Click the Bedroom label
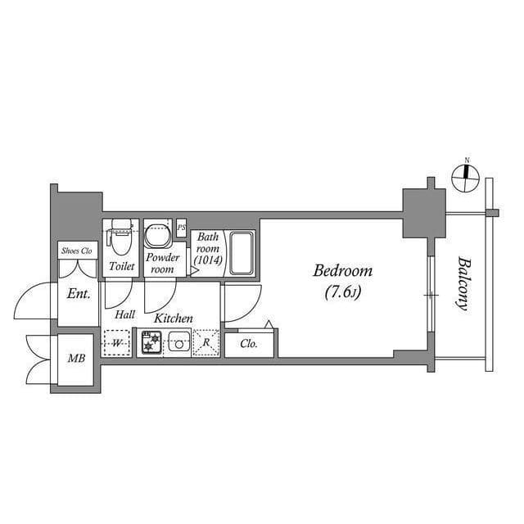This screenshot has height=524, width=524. (343, 271)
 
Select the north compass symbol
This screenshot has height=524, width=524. (466, 174)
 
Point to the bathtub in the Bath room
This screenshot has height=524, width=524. (242, 253)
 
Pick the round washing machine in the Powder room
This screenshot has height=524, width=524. (156, 236)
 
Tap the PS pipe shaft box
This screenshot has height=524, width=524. (182, 228)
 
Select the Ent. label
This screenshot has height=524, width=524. (79, 294)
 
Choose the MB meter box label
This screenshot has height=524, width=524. (76, 359)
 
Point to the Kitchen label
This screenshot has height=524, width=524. (174, 318)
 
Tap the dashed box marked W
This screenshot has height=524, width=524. (118, 343)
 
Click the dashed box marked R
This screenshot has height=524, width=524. (206, 344)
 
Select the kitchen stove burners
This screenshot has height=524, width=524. (151, 343)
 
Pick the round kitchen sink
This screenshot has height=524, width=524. (178, 344)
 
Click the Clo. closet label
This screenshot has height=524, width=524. (250, 345)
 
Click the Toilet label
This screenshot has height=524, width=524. (122, 266)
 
